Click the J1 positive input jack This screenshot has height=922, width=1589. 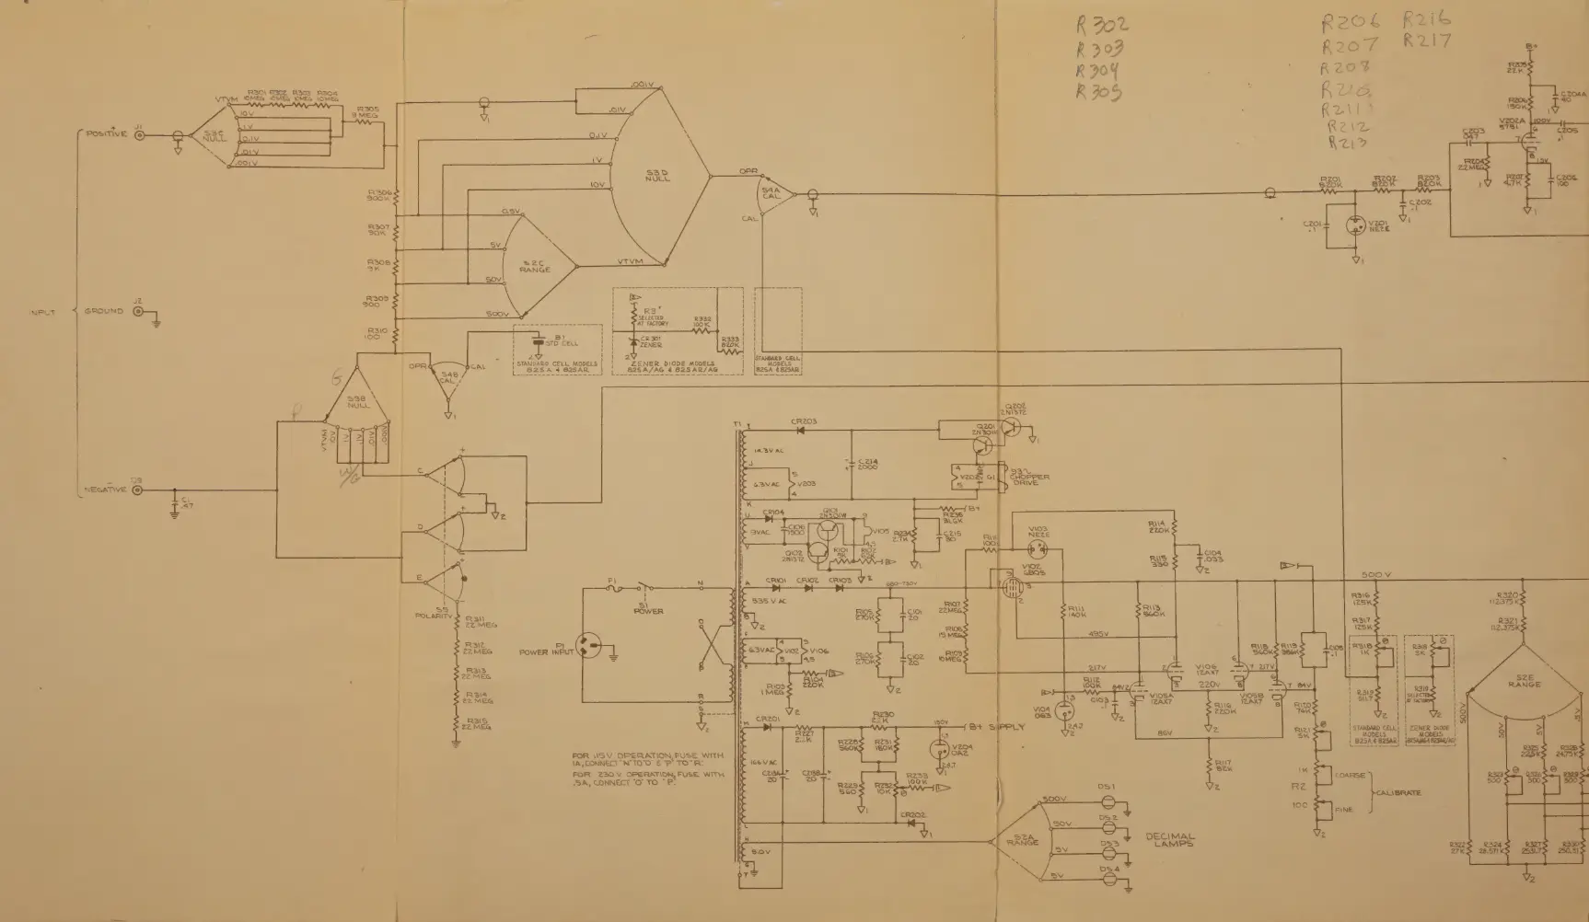140,134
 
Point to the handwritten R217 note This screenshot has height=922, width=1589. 1428,40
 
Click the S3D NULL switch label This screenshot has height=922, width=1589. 657,175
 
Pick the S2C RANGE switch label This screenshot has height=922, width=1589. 535,267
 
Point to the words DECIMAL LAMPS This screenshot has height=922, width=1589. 1170,840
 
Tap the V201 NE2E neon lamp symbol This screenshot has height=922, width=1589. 1354,225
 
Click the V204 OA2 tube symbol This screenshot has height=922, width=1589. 940,748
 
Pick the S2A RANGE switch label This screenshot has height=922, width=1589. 1022,839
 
